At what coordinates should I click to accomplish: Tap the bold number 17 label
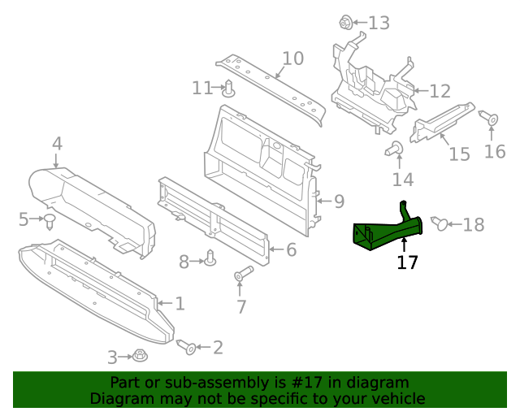[x=407, y=263]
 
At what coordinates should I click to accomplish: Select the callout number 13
[x=379, y=23]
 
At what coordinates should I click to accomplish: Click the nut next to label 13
[x=345, y=22]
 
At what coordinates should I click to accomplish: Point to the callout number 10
[x=292, y=58]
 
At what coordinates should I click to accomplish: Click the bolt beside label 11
[x=229, y=88]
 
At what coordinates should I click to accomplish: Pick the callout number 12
[x=440, y=91]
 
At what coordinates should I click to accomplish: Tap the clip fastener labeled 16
[x=492, y=119]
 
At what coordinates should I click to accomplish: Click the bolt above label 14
[x=396, y=148]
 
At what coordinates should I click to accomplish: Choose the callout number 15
[x=459, y=154]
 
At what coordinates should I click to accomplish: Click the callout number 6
[x=290, y=249]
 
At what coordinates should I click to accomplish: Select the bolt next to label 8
[x=211, y=259]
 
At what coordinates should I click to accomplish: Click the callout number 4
[x=57, y=144]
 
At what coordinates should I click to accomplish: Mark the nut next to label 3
[x=140, y=356]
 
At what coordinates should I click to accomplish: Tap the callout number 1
[x=180, y=304]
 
